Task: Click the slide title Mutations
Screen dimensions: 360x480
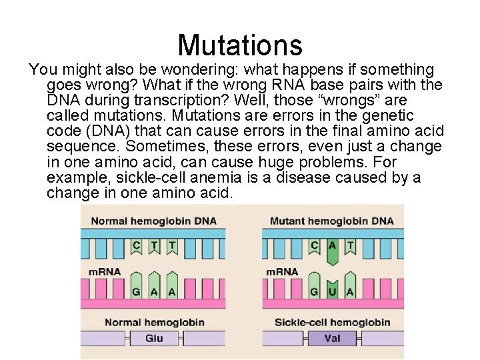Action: tap(240, 45)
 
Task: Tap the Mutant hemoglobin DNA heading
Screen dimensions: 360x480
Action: tap(331, 221)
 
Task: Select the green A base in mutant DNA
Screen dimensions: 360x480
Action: tap(333, 246)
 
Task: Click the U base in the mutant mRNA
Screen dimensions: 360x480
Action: tap(333, 292)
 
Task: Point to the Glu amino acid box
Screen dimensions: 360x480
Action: tap(154, 338)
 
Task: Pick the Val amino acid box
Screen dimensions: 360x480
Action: tap(332, 338)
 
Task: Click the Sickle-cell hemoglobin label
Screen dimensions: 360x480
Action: tap(332, 323)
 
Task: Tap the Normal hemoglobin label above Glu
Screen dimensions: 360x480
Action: tap(154, 323)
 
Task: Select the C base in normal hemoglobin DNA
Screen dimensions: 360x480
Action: tap(137, 245)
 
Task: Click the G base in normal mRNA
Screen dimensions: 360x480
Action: tap(137, 292)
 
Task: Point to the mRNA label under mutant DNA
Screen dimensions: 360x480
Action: tap(282, 272)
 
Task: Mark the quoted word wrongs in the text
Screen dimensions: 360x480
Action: tap(347, 101)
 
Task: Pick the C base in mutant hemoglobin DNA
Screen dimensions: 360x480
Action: tap(315, 245)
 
